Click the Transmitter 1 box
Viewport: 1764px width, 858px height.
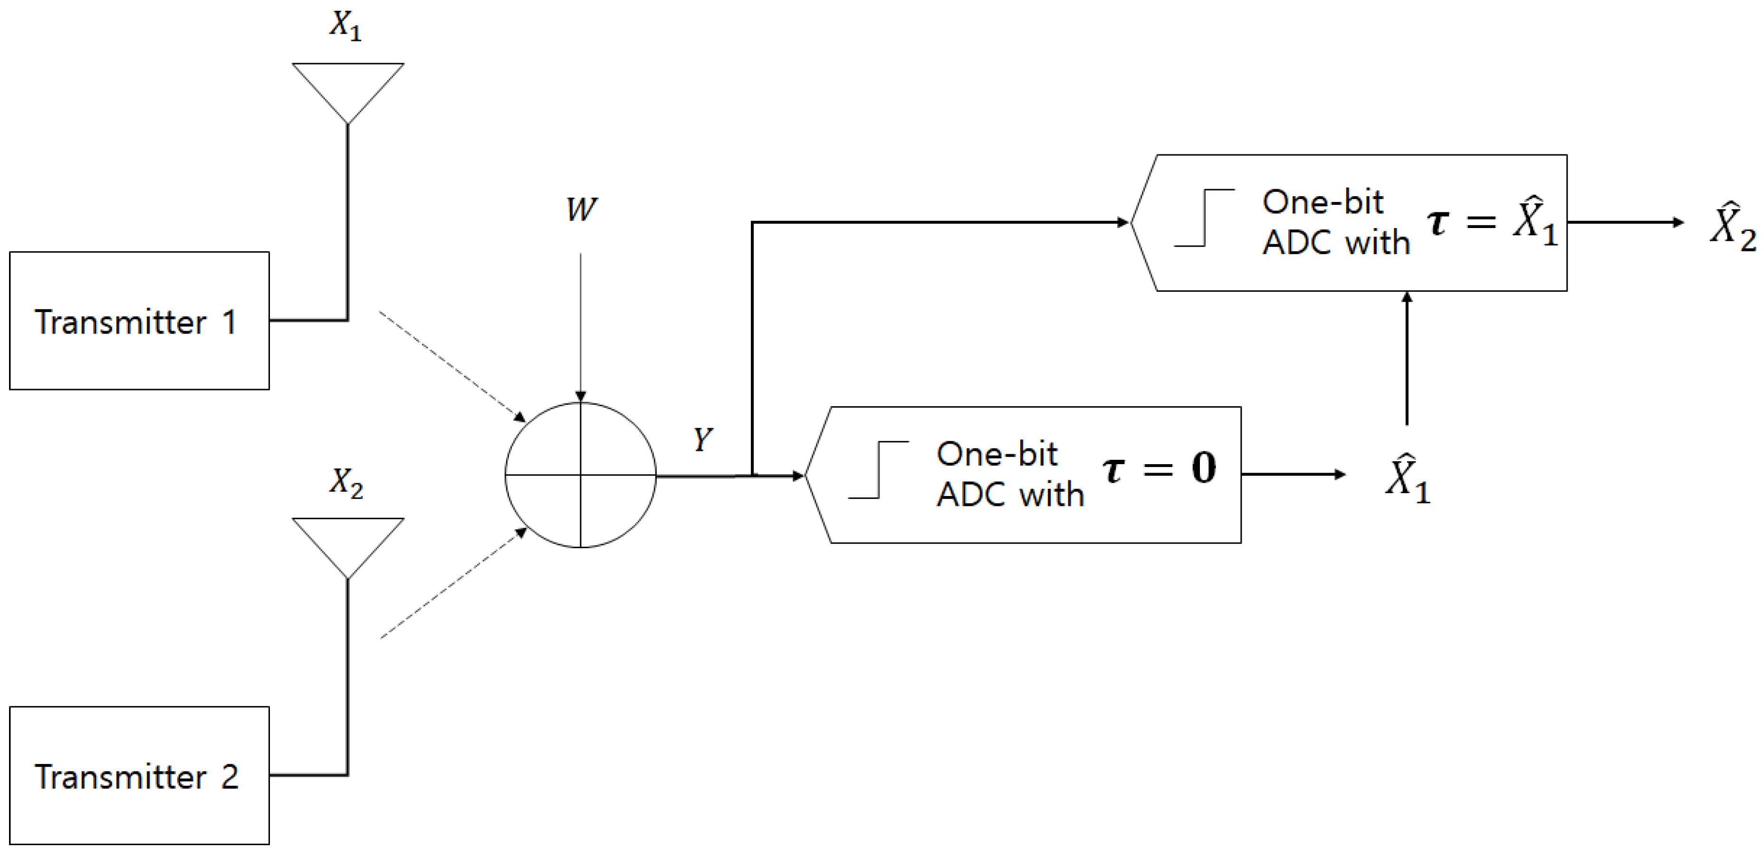click(139, 321)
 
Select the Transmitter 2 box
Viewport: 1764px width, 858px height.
click(139, 775)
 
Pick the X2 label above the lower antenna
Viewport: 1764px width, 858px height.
click(346, 483)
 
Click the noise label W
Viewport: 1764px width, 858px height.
click(581, 210)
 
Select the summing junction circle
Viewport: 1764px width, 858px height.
click(581, 475)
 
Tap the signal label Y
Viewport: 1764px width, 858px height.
click(702, 439)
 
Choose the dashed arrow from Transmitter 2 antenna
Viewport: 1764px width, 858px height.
click(453, 583)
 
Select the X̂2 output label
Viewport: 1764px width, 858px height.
click(1733, 226)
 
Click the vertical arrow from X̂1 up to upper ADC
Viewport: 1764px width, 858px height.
click(1407, 360)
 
